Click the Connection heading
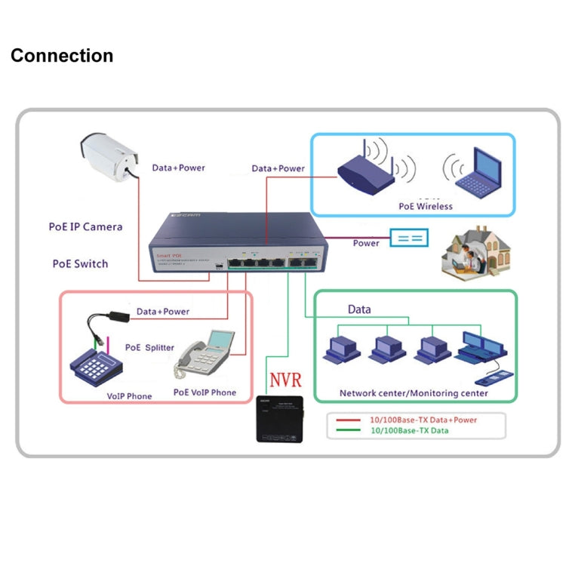tap(62, 56)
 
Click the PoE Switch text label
tap(80, 263)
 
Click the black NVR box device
tap(279, 417)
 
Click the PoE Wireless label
tap(425, 206)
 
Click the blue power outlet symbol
tap(409, 238)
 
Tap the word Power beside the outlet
tap(366, 243)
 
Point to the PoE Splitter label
tap(149, 347)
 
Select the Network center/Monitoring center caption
tap(413, 393)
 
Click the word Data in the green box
tap(359, 309)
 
